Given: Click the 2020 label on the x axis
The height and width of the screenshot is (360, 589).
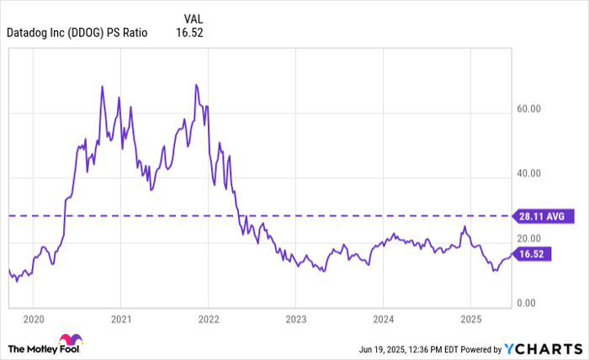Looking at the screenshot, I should (33, 319).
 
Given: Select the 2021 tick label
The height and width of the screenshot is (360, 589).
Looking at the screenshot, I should (120, 319).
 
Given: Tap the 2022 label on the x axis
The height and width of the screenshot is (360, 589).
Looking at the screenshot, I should (208, 319).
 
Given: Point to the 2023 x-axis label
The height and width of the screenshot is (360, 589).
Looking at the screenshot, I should (295, 319).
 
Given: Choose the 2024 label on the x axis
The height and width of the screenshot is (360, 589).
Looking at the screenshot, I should (383, 319).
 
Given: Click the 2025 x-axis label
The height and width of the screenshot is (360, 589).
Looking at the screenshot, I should (470, 319).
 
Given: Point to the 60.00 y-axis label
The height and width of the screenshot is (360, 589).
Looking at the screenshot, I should (528, 109).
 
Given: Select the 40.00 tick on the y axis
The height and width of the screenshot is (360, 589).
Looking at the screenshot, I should (528, 173).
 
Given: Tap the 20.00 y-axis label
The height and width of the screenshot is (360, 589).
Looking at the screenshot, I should (528, 238).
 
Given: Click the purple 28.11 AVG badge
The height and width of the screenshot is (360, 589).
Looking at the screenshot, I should (544, 216).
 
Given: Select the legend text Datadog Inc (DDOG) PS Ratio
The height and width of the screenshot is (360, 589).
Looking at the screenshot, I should (77, 34).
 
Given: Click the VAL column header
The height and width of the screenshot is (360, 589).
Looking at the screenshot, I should (194, 17).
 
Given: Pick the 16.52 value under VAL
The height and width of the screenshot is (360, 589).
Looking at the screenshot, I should (190, 34).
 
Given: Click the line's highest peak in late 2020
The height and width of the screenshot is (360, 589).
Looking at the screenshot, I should (102, 86).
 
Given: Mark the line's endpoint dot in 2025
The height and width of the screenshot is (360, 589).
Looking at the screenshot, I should (511, 253).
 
